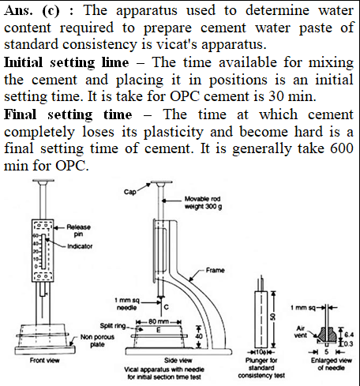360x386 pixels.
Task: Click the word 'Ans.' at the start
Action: tap(18, 10)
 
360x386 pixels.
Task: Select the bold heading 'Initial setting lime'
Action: tap(66, 63)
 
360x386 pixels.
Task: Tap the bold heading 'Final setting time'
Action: tap(68, 115)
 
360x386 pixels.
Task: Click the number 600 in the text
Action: tap(342, 148)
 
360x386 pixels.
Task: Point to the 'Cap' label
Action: tap(130, 192)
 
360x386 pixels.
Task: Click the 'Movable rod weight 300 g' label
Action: tap(203, 203)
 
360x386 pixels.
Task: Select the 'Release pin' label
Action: tap(78, 230)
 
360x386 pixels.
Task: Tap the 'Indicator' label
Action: tap(80, 246)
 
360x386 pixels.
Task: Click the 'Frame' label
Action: tap(215, 270)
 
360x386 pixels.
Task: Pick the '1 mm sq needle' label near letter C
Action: tap(127, 304)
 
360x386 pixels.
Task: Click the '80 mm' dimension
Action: tap(159, 321)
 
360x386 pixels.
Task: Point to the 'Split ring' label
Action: tap(113, 326)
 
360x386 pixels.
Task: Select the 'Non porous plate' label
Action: tap(97, 341)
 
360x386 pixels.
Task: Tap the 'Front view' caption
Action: tap(45, 360)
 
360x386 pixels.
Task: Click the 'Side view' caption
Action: tap(178, 360)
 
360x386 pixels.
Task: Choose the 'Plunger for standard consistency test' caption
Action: tap(261, 368)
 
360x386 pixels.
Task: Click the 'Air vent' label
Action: tap(301, 332)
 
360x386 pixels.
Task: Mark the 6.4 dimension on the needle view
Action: tap(349, 335)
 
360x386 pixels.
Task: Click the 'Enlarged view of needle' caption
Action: tap(332, 364)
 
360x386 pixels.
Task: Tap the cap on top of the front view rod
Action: tap(43, 181)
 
